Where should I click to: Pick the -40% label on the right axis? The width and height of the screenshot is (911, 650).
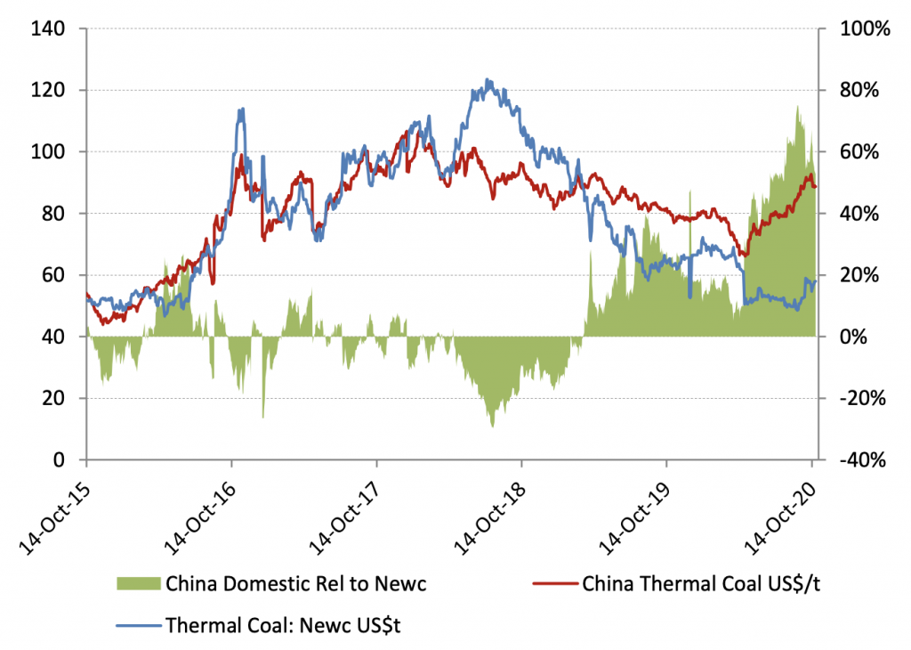(x=863, y=460)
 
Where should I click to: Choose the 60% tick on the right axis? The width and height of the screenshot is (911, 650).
(x=859, y=151)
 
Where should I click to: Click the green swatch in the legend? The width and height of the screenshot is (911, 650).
(x=139, y=584)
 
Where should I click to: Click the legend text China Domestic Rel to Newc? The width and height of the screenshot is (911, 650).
(x=296, y=584)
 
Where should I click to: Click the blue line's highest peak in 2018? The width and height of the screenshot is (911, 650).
(x=488, y=79)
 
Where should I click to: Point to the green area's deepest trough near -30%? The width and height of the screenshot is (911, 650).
(x=492, y=427)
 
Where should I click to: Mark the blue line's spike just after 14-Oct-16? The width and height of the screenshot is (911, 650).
(x=241, y=109)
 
